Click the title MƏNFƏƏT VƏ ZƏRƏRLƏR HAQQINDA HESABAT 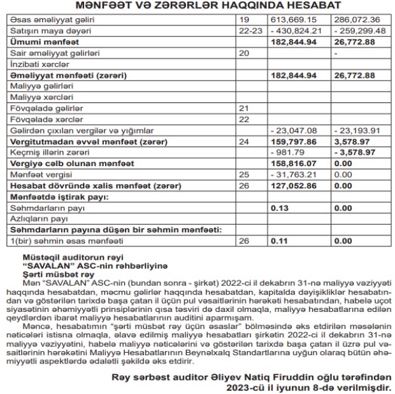(x=197, y=6)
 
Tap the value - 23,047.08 (x=294, y=130)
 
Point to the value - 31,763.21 (x=294, y=174)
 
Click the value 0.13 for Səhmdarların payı (x=280, y=208)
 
